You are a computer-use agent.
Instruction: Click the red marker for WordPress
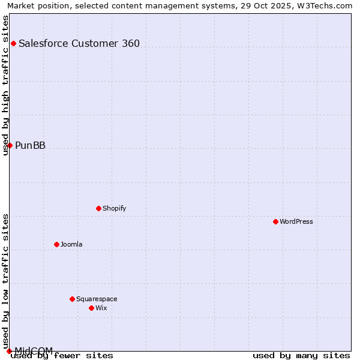275,221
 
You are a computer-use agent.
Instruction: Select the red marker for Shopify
98,208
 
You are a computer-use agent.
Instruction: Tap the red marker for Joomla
56,244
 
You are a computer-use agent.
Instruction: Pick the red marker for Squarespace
72,299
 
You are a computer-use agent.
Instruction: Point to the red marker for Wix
91,308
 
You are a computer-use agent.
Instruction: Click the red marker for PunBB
10,145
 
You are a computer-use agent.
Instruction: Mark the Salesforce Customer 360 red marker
13,43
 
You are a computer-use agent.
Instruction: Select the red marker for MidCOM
9,351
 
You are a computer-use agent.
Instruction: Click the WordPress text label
296,221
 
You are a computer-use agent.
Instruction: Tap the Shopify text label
114,208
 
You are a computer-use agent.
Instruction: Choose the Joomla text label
71,244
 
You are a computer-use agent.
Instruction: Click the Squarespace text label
97,299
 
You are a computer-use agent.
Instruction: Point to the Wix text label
101,308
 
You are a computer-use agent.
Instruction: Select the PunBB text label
30,145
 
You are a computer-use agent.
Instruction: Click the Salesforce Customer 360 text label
79,43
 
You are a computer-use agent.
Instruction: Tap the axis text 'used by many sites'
301,356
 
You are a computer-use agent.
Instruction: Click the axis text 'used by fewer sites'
62,356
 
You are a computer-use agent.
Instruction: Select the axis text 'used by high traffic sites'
5,85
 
